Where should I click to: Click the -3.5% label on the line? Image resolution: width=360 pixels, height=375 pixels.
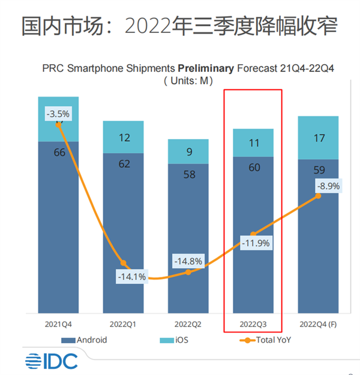tap(58, 113)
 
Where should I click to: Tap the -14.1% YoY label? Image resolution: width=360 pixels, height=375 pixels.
tap(131, 277)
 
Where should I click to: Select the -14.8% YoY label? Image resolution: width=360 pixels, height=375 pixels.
tap(188, 261)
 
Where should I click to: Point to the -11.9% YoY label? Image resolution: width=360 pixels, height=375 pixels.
tap(254, 243)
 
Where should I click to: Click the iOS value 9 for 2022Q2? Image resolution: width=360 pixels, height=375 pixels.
tap(188, 152)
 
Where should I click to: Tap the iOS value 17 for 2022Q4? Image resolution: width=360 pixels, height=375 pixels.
tap(319, 138)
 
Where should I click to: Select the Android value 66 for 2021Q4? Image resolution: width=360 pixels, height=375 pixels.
tap(59, 152)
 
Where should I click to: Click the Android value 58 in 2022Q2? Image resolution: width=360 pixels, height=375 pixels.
tap(188, 175)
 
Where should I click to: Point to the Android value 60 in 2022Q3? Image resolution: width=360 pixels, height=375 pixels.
tap(254, 167)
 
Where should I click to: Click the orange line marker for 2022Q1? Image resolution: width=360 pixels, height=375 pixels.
tap(124, 263)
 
